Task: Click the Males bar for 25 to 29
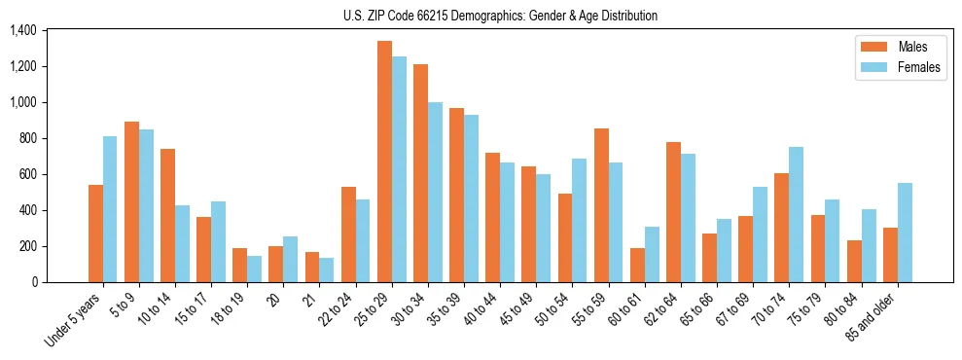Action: pyautogui.click(x=384, y=162)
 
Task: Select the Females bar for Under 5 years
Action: pyautogui.click(x=110, y=209)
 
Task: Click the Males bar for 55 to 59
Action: pyautogui.click(x=601, y=205)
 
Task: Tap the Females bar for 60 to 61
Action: pyautogui.click(x=652, y=254)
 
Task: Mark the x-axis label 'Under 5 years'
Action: pyautogui.click(x=73, y=319)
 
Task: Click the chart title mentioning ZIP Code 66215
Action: pyautogui.click(x=501, y=16)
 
